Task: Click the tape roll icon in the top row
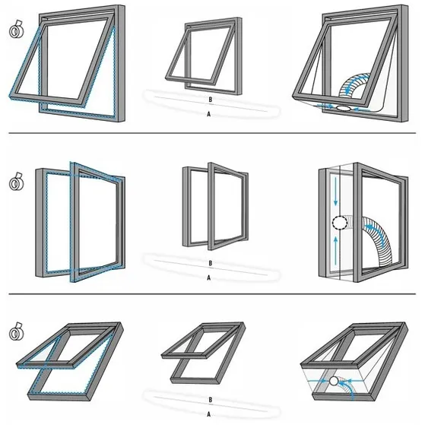14,33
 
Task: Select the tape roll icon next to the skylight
14,332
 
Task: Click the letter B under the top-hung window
209,100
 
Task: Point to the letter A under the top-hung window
209,113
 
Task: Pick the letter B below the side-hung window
209,265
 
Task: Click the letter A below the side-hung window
209,278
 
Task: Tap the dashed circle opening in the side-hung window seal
338,223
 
